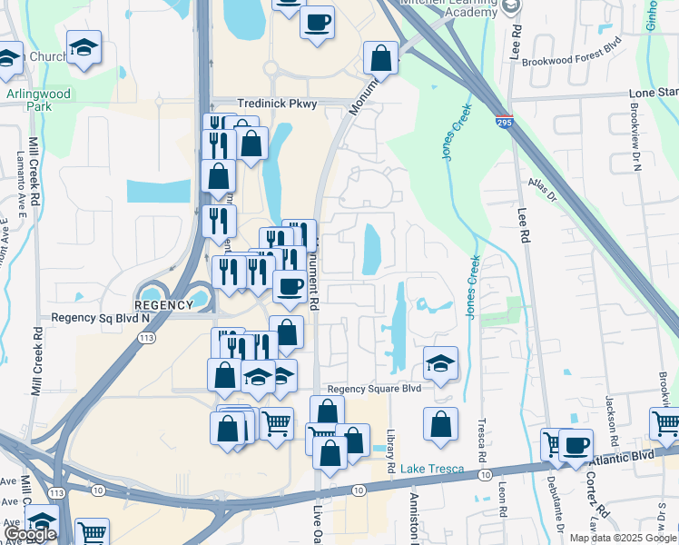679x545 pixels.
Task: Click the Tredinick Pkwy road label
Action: (277, 104)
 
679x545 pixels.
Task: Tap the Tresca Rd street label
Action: (482, 443)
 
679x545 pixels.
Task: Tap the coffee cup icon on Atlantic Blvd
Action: (576, 444)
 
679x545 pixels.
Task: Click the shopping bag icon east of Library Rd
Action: (440, 423)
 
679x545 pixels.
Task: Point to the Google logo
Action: (30, 535)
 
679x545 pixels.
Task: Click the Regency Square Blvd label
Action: (375, 388)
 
